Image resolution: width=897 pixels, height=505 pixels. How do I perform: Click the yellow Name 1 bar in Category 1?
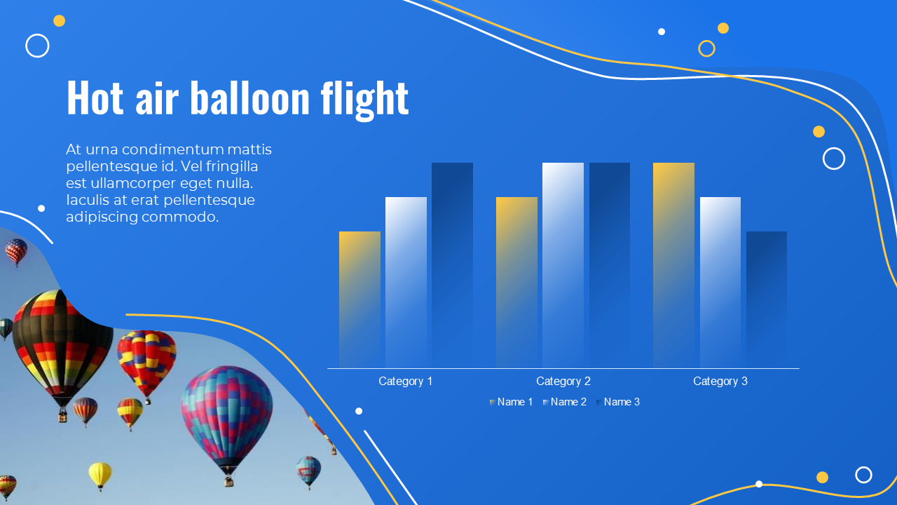tap(360, 299)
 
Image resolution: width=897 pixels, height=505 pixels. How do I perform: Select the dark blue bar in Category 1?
tap(452, 265)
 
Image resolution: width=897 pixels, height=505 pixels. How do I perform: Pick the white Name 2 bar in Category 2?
tap(563, 265)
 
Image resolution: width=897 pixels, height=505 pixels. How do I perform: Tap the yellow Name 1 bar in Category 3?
tap(673, 265)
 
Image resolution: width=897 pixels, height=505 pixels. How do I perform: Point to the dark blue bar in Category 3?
tap(767, 299)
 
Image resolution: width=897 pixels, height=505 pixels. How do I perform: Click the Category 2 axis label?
tap(563, 381)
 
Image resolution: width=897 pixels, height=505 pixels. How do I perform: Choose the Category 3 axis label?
tap(720, 381)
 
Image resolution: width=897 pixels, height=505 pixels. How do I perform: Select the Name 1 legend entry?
tap(511, 402)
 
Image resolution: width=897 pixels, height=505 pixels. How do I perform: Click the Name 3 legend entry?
tap(618, 402)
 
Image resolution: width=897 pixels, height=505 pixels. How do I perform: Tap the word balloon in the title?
tap(250, 98)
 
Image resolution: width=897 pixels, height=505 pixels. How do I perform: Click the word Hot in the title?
tap(95, 98)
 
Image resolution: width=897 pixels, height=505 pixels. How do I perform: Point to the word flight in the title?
tap(364, 100)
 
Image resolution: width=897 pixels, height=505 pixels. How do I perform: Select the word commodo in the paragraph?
tap(180, 217)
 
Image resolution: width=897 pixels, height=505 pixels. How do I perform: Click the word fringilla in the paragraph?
tap(232, 167)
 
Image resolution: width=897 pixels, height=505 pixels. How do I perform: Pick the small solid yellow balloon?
tap(100, 476)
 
